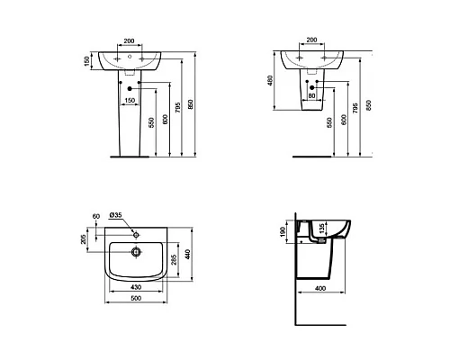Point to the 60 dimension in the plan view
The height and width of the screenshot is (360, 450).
[96, 216]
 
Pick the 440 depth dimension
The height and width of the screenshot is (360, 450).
[189, 255]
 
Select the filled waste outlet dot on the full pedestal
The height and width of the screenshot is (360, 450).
[132, 88]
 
